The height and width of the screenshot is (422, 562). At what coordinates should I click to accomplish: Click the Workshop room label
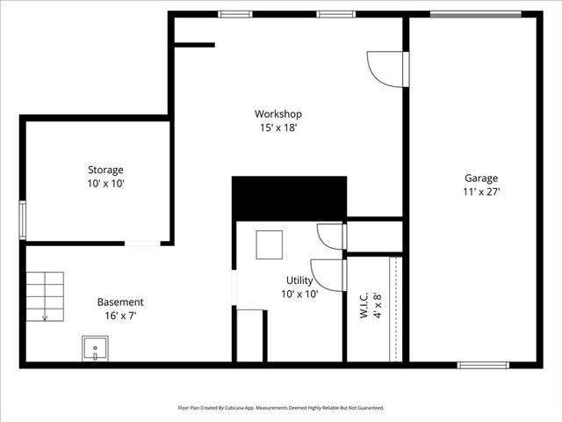pyautogui.click(x=278, y=113)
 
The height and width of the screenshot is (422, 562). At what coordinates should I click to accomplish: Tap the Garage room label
pyautogui.click(x=481, y=177)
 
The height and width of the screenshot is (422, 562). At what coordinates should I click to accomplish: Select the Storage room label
pyautogui.click(x=105, y=170)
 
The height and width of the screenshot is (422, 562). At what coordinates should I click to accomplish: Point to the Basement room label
pyautogui.click(x=120, y=302)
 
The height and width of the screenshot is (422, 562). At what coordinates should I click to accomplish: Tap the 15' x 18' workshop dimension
pyautogui.click(x=278, y=127)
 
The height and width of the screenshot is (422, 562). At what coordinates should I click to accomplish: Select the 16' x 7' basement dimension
pyautogui.click(x=120, y=315)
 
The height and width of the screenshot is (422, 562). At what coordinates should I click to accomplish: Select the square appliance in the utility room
pyautogui.click(x=269, y=244)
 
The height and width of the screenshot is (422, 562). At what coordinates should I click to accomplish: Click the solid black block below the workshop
pyautogui.click(x=289, y=198)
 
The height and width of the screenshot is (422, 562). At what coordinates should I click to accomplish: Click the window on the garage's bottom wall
pyautogui.click(x=483, y=364)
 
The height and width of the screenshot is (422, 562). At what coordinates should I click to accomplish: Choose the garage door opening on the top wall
pyautogui.click(x=475, y=14)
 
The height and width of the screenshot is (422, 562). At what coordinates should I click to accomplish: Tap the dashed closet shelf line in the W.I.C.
pyautogui.click(x=395, y=309)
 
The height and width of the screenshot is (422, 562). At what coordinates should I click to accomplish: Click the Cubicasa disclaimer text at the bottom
pyautogui.click(x=281, y=408)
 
